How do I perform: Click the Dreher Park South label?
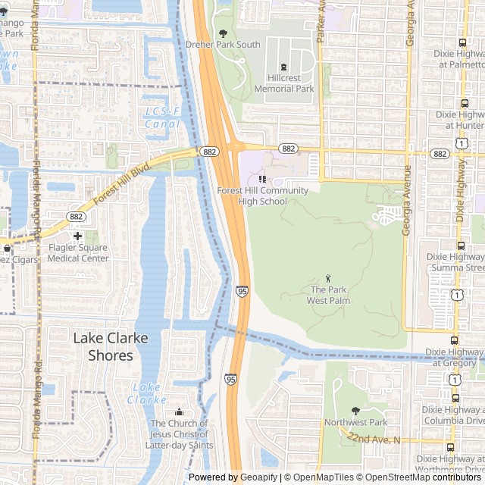pyautogui.click(x=223, y=45)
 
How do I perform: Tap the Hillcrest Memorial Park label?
pyautogui.click(x=284, y=83)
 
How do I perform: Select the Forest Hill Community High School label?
pyautogui.click(x=262, y=196)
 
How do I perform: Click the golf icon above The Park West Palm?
pyautogui.click(x=328, y=278)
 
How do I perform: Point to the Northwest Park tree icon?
pyautogui.click(x=355, y=411)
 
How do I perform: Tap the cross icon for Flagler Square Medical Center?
pyautogui.click(x=77, y=236)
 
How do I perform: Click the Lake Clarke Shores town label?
pyautogui.click(x=111, y=347)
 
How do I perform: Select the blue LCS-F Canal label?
pyautogui.click(x=161, y=117)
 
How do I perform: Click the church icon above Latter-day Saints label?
pyautogui.click(x=179, y=411)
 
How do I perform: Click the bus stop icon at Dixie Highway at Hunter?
pyautogui.click(x=464, y=103)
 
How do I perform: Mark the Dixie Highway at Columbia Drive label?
pyautogui.click(x=455, y=415)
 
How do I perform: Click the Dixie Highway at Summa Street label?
pyautogui.click(x=455, y=262)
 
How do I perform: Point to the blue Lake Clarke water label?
pyautogui.click(x=146, y=393)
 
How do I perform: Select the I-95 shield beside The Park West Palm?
pyautogui.click(x=241, y=290)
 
